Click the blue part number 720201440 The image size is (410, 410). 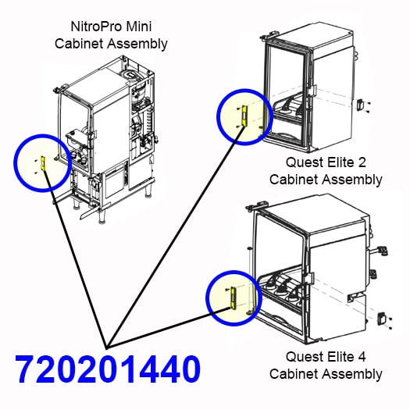[108, 369]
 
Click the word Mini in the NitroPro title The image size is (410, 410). [139, 27]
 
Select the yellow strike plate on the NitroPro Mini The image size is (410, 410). [44, 163]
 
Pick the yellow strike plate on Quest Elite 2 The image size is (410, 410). [244, 116]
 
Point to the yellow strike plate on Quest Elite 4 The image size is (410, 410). [234, 298]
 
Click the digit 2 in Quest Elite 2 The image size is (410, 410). [362, 162]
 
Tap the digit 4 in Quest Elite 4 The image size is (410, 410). [362, 357]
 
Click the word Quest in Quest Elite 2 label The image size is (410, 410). [305, 162]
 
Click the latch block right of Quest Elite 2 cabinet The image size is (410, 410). [360, 105]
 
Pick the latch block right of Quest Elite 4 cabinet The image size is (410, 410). [381, 318]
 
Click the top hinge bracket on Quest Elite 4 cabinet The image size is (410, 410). [258, 204]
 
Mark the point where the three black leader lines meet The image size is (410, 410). [106, 348]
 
